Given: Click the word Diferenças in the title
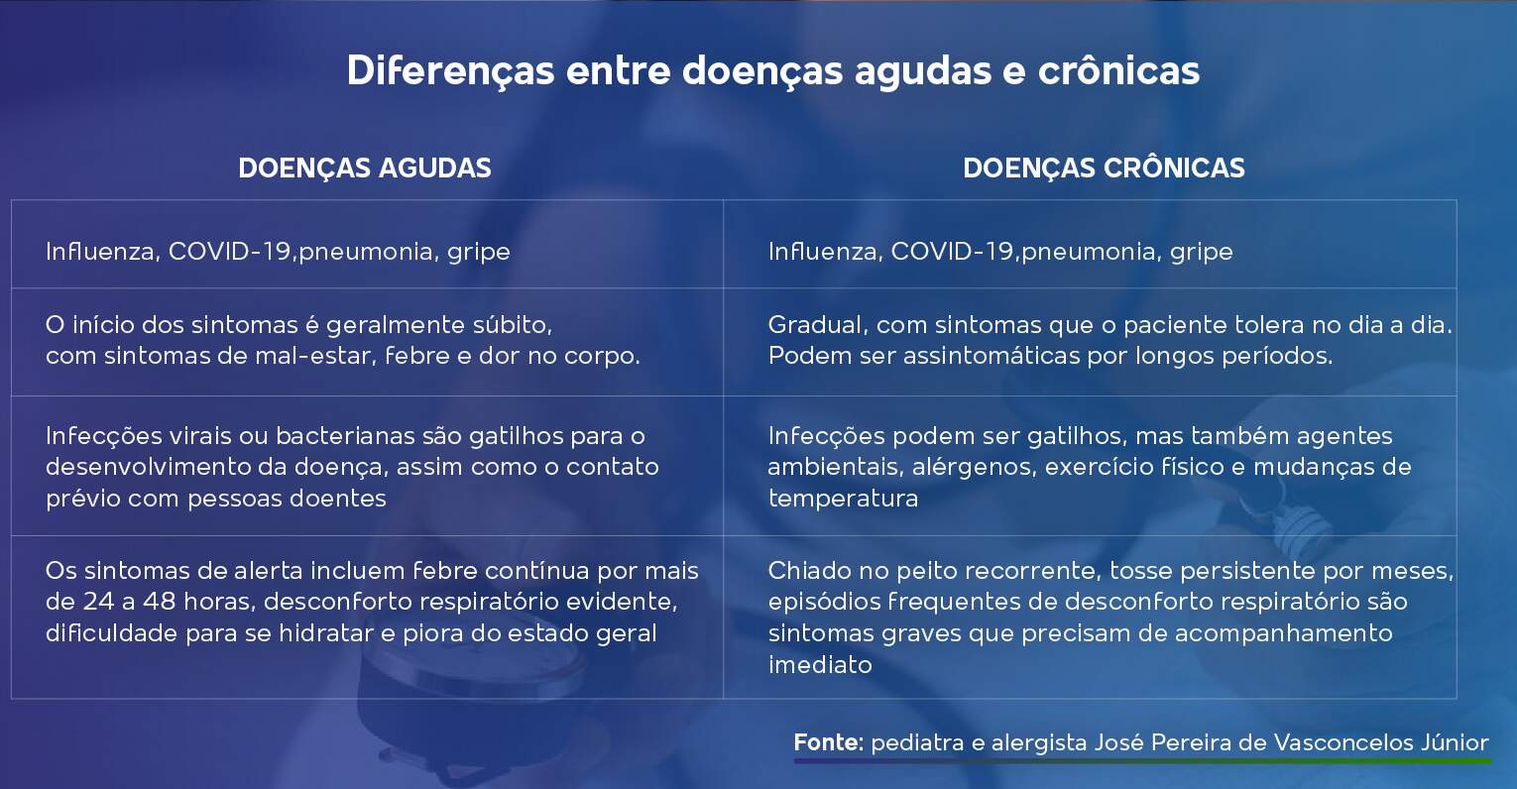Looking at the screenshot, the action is click(450, 71).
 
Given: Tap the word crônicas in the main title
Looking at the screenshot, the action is click(1118, 69).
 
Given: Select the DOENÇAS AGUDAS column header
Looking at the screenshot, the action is click(364, 169).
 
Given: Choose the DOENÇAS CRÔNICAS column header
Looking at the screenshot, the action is click(1104, 168).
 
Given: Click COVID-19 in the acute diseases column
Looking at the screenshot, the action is click(230, 251).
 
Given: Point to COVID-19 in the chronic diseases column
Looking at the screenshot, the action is click(952, 251).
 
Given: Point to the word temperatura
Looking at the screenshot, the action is click(843, 499).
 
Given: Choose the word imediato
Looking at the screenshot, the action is click(820, 664).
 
